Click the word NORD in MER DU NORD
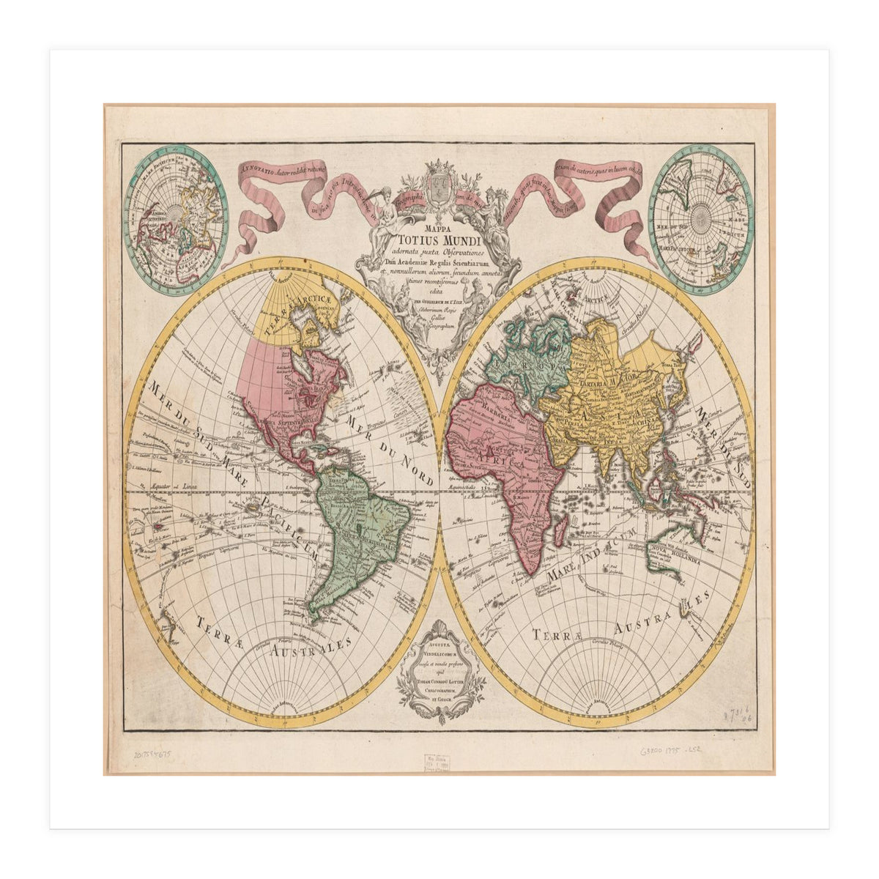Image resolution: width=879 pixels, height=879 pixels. [415, 472]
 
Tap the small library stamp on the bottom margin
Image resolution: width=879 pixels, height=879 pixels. [439, 765]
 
